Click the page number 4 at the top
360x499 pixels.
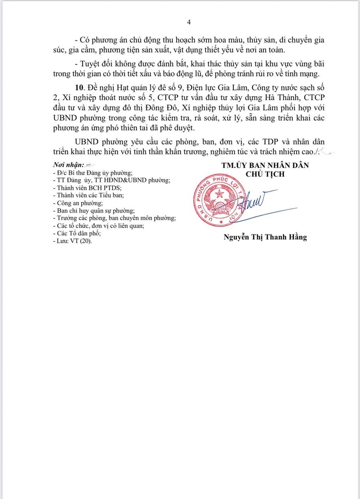[189, 22]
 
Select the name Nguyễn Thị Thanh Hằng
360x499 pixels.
[265, 238]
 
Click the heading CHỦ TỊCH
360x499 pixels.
[265, 174]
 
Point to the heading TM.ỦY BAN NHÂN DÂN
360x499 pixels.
[265, 165]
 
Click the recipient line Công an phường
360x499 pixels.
[80, 203]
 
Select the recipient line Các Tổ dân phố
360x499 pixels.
[78, 233]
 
